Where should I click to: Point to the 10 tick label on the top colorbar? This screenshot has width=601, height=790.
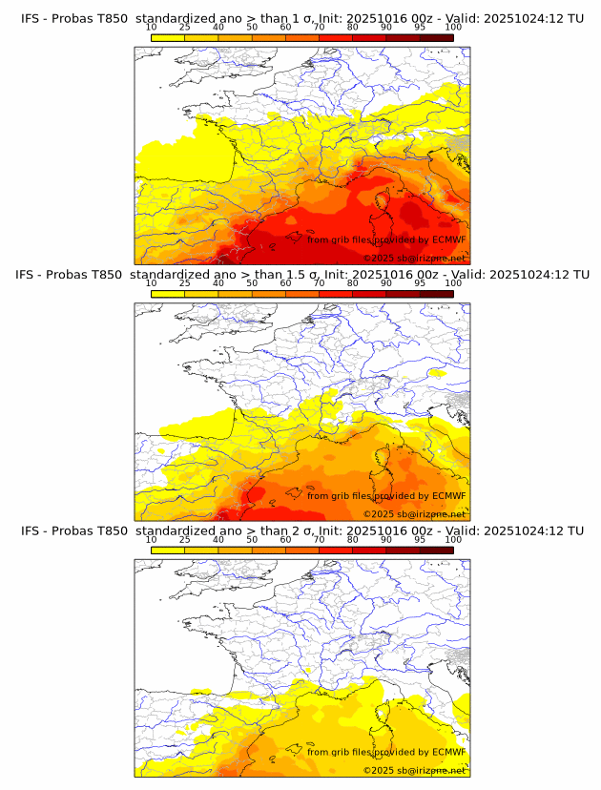click(x=151, y=28)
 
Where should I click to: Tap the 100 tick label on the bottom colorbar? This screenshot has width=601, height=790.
click(x=453, y=539)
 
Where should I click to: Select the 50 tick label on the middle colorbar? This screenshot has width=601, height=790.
click(x=252, y=283)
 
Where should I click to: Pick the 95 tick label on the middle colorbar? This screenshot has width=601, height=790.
click(x=420, y=283)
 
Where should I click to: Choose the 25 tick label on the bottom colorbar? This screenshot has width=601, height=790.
click(x=184, y=539)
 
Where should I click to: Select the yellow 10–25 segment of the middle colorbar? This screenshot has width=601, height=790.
click(x=168, y=293)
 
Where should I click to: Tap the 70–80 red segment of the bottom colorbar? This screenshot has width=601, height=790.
click(x=336, y=549)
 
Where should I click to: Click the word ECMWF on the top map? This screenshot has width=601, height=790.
click(x=448, y=239)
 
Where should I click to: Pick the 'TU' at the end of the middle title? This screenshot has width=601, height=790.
click(x=575, y=274)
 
